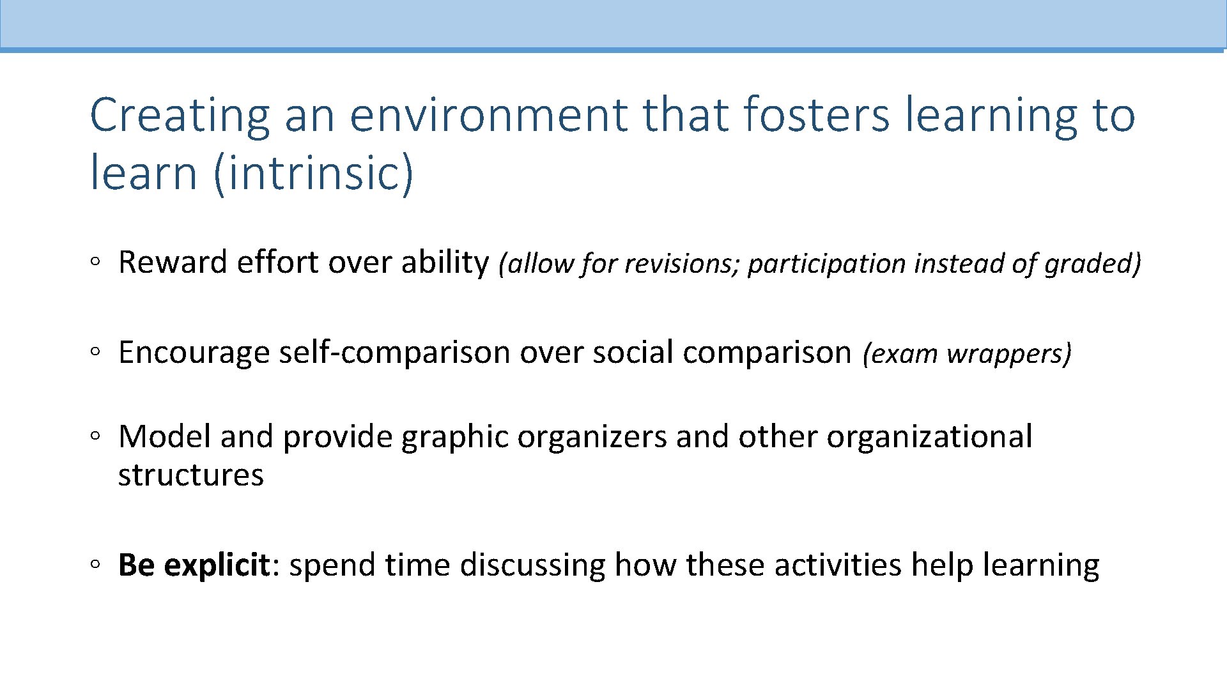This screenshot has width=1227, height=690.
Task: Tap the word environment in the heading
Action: click(x=488, y=116)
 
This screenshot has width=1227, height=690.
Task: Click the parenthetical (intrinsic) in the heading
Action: click(x=314, y=174)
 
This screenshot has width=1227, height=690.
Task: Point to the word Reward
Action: click(x=173, y=263)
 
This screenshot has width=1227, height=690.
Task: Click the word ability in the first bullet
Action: click(x=444, y=263)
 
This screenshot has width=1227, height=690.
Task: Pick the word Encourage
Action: click(x=194, y=353)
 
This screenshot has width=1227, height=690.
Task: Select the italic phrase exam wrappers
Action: click(x=966, y=354)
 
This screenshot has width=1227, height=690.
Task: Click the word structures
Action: click(x=190, y=475)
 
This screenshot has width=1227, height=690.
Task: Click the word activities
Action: click(x=838, y=565)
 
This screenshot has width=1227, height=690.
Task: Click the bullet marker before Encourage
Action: click(x=95, y=351)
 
